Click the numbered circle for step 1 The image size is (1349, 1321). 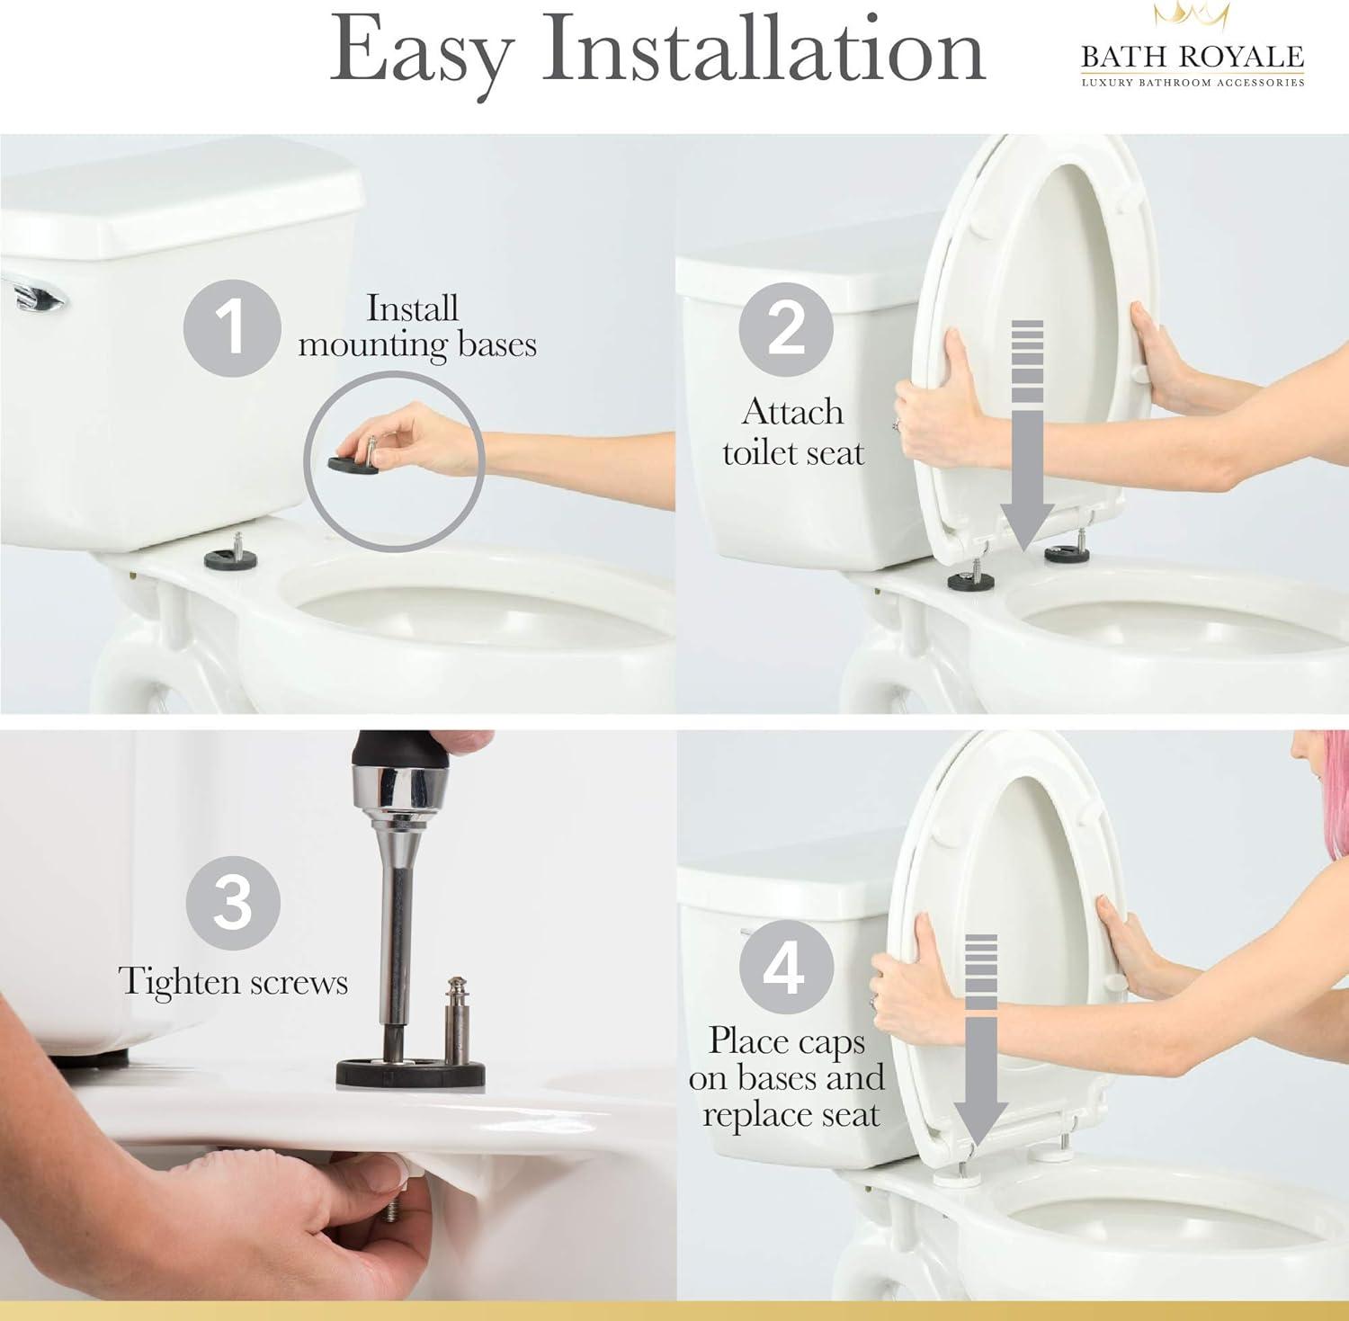click(232, 327)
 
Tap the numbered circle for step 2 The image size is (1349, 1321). click(785, 329)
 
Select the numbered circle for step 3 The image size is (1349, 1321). click(233, 903)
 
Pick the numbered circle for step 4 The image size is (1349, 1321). click(785, 968)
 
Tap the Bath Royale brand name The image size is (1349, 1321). click(1192, 57)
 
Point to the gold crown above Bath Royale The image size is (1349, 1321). click(1192, 15)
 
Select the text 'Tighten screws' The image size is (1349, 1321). click(233, 981)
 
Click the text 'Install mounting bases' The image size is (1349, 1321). click(416, 326)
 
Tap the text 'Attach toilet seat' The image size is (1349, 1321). click(792, 433)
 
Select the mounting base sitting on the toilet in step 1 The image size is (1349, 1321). click(231, 558)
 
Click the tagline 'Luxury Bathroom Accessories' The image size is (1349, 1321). click(1192, 83)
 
